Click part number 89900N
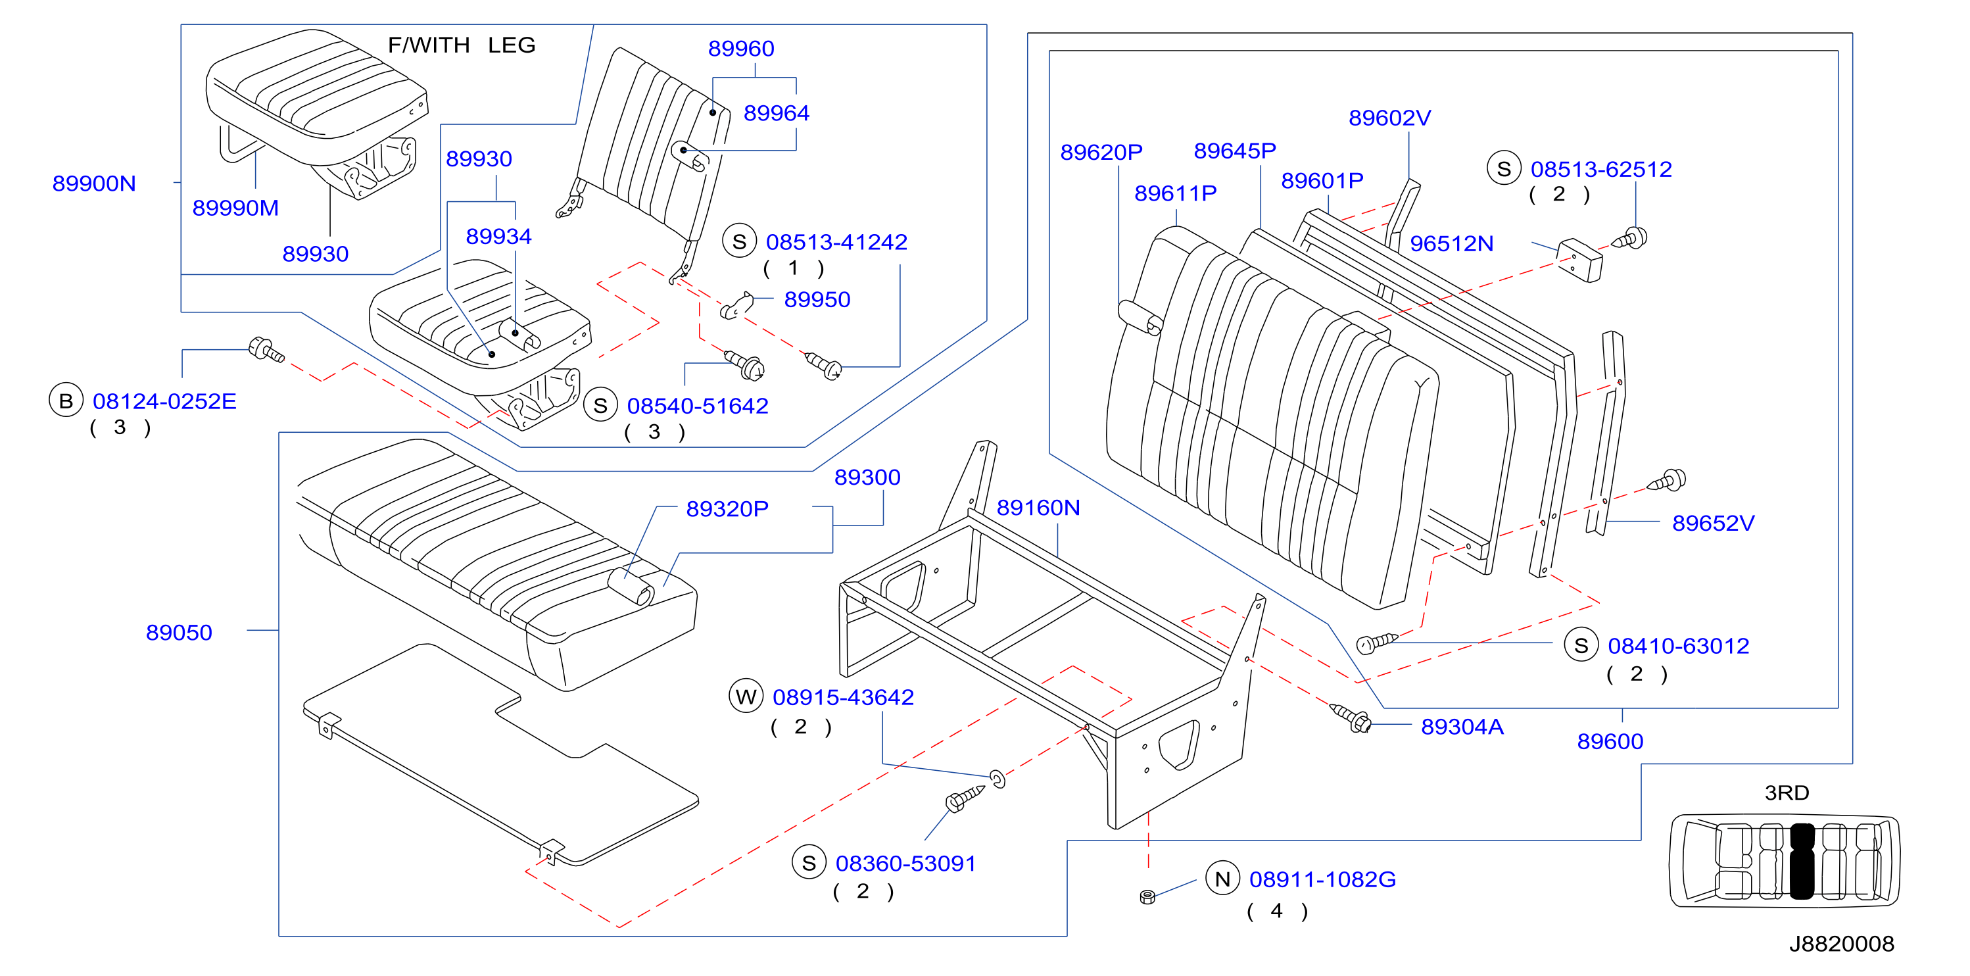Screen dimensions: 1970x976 [x=94, y=183]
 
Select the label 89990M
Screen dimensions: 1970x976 [x=235, y=208]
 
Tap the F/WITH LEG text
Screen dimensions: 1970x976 [x=462, y=45]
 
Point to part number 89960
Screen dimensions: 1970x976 [x=741, y=48]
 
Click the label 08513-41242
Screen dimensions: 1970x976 [x=836, y=242]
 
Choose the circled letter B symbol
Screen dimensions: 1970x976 [x=66, y=401]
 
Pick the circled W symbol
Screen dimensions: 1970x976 [x=746, y=696]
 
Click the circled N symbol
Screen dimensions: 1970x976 [x=1222, y=878]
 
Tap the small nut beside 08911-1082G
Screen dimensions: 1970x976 [x=1147, y=896]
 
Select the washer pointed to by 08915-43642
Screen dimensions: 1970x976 [x=997, y=779]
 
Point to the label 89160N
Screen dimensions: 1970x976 [x=1038, y=508]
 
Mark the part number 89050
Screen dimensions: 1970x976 [x=179, y=633]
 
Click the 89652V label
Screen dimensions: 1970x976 [x=1713, y=523]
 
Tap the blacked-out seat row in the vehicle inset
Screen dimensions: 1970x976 [x=1802, y=860]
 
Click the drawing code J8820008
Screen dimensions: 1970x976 [x=1842, y=944]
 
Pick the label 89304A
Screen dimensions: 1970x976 [x=1462, y=727]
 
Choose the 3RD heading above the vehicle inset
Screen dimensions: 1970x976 [x=1787, y=793]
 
